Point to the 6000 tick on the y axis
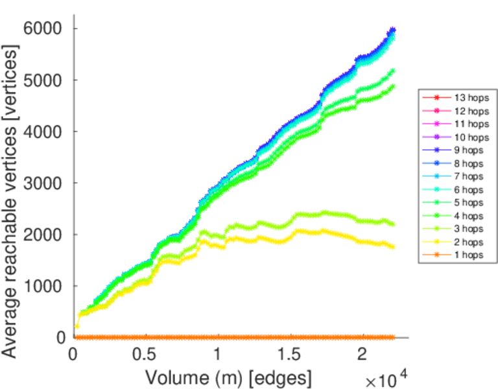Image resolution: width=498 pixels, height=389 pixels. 44,29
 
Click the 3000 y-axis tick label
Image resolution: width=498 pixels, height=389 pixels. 44,183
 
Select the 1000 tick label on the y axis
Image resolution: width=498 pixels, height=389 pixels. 44,286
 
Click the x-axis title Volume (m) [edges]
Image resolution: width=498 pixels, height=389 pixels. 228,377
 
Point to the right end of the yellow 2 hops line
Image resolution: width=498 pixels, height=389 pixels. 392,246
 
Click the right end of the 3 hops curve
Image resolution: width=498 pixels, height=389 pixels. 392,224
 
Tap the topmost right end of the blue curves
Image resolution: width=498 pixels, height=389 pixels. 392,30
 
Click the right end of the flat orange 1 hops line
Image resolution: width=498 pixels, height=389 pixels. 392,337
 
